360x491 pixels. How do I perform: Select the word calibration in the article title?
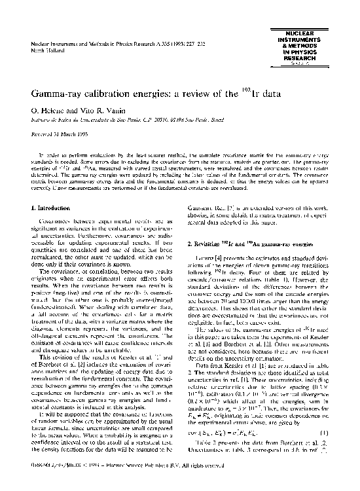[115, 93]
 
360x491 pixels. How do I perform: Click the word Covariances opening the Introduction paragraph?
[57, 223]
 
